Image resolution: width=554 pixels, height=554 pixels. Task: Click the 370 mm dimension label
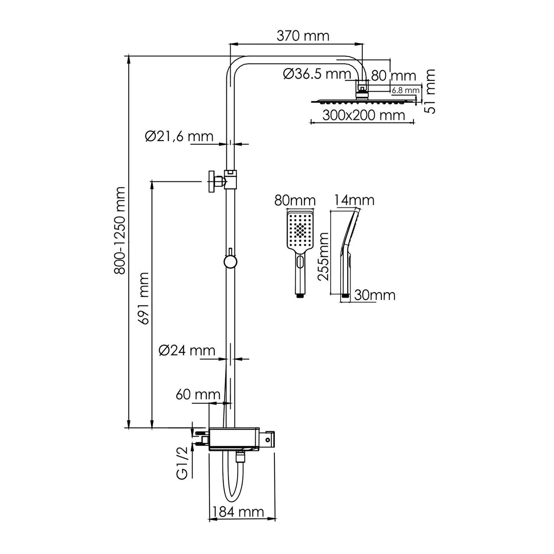(303, 35)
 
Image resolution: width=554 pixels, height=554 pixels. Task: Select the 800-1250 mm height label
(119, 230)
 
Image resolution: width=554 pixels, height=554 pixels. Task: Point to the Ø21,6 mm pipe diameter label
(179, 136)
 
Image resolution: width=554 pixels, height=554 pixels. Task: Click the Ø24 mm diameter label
(187, 350)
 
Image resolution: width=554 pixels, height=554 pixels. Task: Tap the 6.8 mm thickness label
(406, 90)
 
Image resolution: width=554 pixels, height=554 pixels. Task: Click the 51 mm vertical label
(431, 91)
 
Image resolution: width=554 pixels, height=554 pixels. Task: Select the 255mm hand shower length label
(323, 256)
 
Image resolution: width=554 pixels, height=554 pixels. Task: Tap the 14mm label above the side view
(354, 200)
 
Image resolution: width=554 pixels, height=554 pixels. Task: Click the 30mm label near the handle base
(374, 295)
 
